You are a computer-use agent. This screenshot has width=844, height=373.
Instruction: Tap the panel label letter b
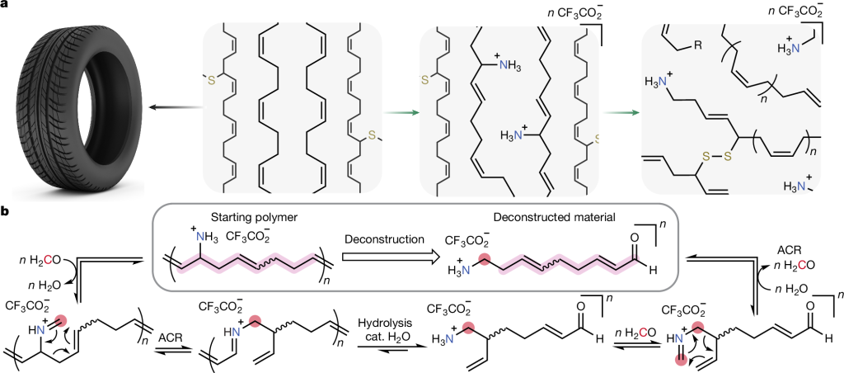click(7, 212)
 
